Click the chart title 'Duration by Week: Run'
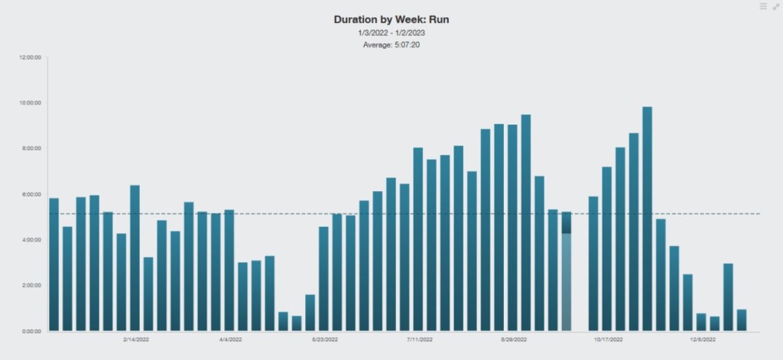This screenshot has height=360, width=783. [x=391, y=19]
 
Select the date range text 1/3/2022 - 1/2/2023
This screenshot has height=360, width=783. [x=391, y=33]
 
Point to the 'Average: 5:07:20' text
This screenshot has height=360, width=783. [x=391, y=45]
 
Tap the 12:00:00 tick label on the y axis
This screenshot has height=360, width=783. [x=31, y=57]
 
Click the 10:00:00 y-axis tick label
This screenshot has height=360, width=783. [x=31, y=102]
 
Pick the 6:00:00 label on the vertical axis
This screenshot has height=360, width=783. [x=32, y=194]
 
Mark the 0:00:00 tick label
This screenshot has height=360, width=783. [x=32, y=331]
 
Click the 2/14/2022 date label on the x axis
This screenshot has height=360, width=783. [x=136, y=339]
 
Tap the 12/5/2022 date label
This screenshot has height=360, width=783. [x=703, y=339]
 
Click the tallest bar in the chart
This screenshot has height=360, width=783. [x=647, y=219]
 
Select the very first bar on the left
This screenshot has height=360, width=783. [x=54, y=264]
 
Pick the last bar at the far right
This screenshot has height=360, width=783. [x=742, y=320]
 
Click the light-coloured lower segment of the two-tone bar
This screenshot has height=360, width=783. [x=566, y=282]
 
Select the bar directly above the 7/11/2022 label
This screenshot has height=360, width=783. [x=418, y=239]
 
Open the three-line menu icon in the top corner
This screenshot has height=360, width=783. [x=763, y=6]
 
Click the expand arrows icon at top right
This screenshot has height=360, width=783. [x=775, y=6]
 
